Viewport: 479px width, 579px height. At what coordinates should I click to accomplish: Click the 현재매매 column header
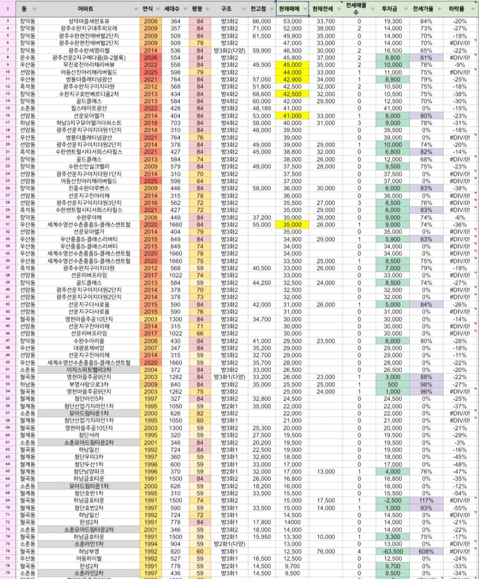(289, 9)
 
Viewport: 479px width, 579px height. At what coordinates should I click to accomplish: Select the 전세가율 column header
(423, 9)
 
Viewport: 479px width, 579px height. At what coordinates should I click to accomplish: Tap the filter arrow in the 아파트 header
(135, 9)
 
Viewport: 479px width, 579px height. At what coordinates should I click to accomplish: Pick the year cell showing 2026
(151, 58)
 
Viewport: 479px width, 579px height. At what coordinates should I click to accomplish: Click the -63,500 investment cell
(392, 551)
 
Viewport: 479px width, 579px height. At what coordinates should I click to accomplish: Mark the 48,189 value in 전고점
(261, 108)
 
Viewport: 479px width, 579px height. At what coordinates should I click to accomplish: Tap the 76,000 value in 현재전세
(325, 551)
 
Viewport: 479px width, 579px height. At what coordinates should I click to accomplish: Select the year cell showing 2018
(151, 123)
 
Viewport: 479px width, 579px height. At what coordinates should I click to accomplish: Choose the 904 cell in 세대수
(175, 544)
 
